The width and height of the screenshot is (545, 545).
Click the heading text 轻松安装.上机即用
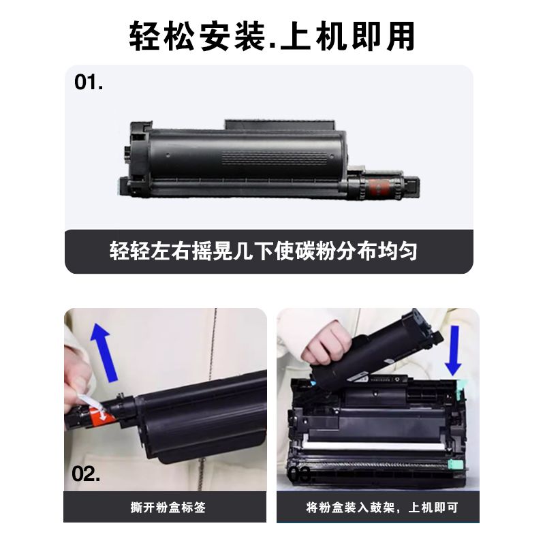click(x=272, y=36)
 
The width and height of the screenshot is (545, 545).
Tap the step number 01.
click(x=89, y=82)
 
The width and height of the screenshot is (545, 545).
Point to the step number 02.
click(x=86, y=473)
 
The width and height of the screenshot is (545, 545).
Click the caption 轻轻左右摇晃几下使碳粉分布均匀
click(x=263, y=251)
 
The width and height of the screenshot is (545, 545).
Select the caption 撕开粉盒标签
click(x=168, y=508)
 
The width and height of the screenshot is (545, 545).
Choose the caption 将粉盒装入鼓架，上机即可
click(x=382, y=508)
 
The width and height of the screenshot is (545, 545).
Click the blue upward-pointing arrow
click(x=104, y=352)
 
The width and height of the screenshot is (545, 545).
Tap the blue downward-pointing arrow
click(x=453, y=351)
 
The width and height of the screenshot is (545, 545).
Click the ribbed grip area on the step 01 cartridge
click(x=275, y=159)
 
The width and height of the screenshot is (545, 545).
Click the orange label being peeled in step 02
click(x=100, y=416)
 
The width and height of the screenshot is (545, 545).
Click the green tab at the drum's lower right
click(x=456, y=465)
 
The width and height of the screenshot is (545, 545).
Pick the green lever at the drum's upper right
click(x=461, y=388)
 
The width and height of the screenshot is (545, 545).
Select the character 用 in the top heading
click(x=401, y=37)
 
